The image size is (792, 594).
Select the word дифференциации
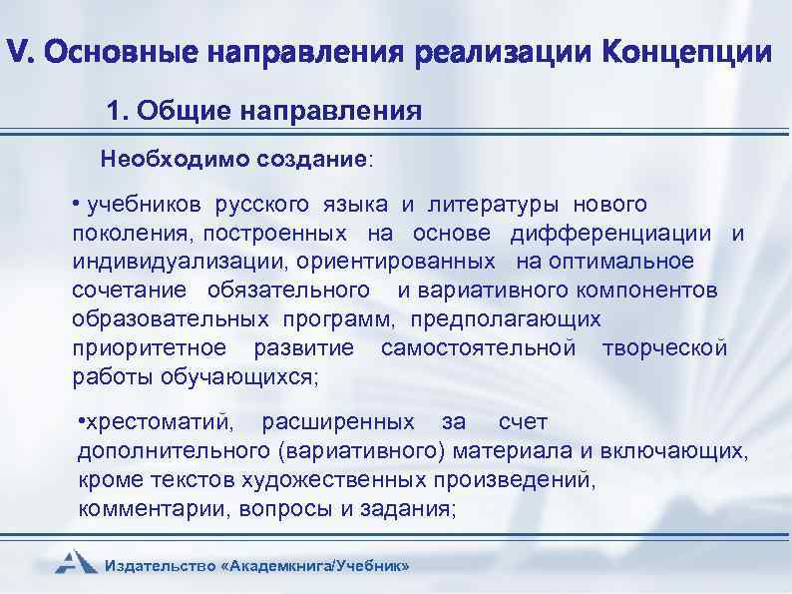click(611, 234)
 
